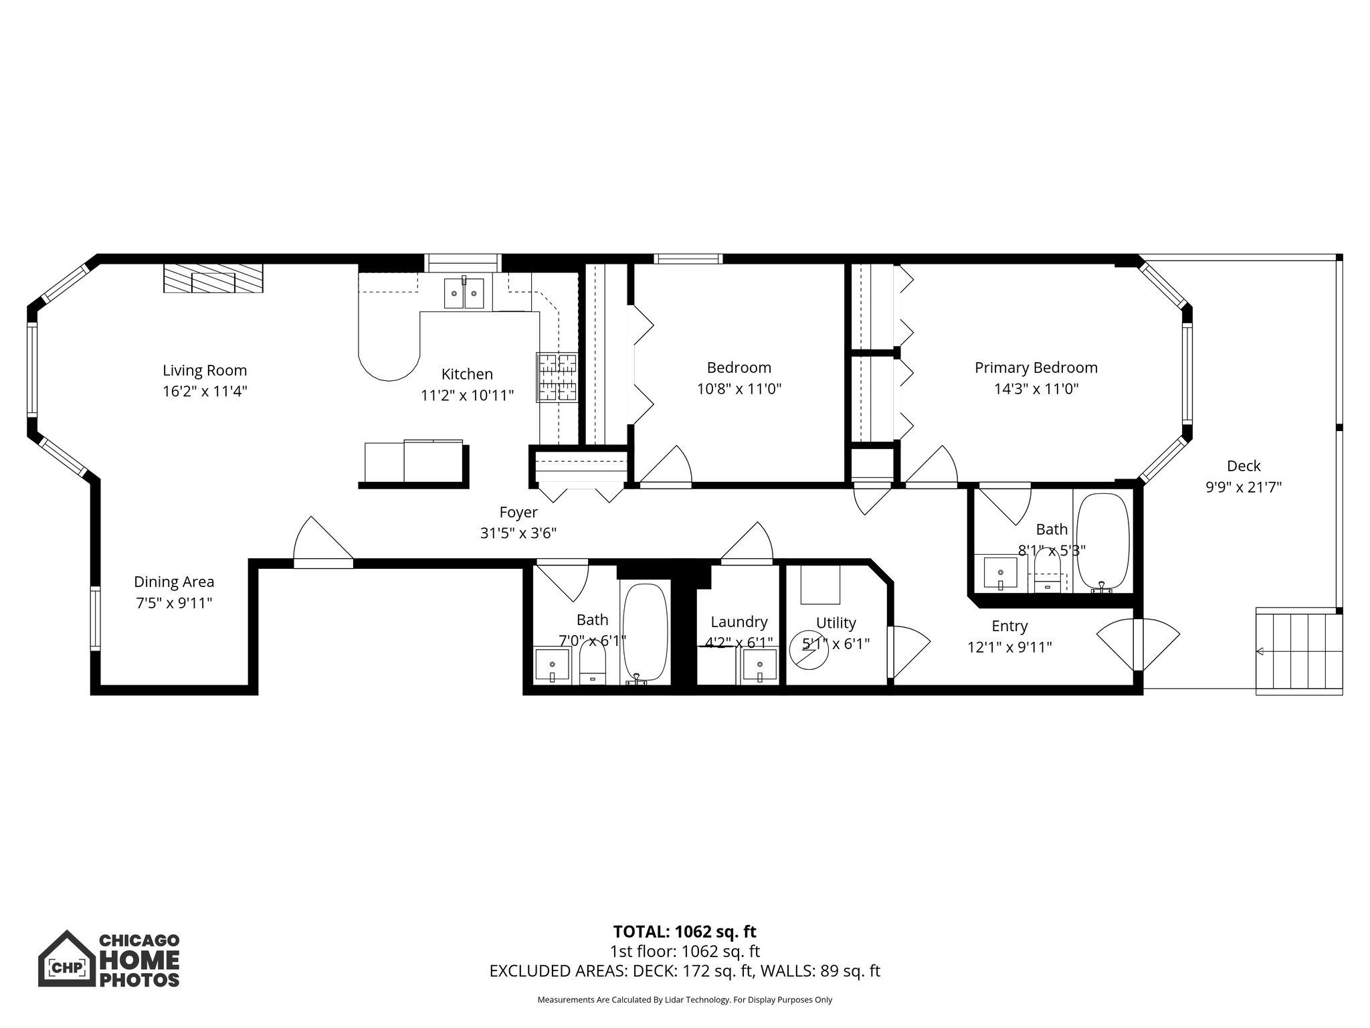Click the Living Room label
point(205,370)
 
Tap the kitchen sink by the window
point(464,292)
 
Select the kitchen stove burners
point(557,377)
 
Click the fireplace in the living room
point(213,278)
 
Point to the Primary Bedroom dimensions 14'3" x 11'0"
point(1036,389)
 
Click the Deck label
point(1244,466)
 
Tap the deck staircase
point(1298,651)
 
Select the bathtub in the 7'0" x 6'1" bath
point(645,632)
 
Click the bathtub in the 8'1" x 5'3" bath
point(1102,541)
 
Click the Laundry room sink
point(760,667)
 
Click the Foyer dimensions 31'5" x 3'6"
point(518,533)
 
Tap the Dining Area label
point(174,582)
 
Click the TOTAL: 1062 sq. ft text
point(684,932)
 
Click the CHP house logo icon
point(66,958)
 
